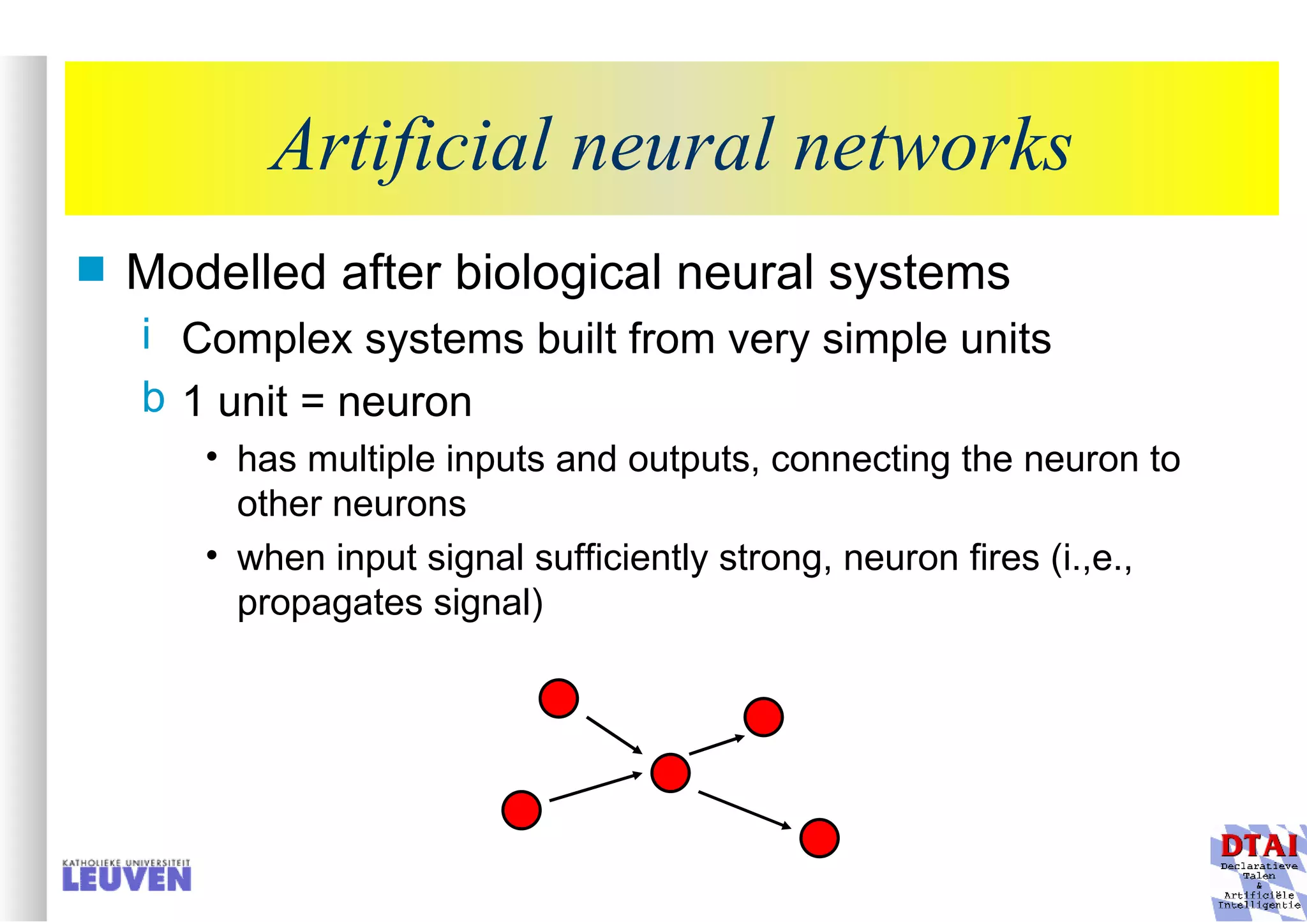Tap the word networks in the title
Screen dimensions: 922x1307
tap(932, 146)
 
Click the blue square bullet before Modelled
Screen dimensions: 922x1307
tap(91, 269)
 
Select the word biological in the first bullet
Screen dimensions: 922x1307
tap(558, 273)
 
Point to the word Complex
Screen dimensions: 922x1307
tap(267, 339)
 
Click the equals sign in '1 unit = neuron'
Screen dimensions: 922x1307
tap(312, 403)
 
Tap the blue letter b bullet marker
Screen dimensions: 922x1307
tap(153, 398)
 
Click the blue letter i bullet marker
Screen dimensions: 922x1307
tap(147, 334)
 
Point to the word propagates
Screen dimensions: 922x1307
tap(329, 602)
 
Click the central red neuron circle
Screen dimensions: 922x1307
tap(670, 773)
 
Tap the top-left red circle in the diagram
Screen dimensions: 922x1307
tap(558, 698)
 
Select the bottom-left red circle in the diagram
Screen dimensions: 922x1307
tap(521, 810)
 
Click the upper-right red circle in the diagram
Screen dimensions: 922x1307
tap(763, 717)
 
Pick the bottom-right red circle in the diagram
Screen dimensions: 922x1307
tap(819, 838)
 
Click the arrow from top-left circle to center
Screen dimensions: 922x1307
tap(614, 735)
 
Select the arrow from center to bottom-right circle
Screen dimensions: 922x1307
tap(744, 810)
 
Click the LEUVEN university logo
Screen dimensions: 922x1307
tap(126, 875)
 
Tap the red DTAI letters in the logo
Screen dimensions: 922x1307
tap(1258, 846)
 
